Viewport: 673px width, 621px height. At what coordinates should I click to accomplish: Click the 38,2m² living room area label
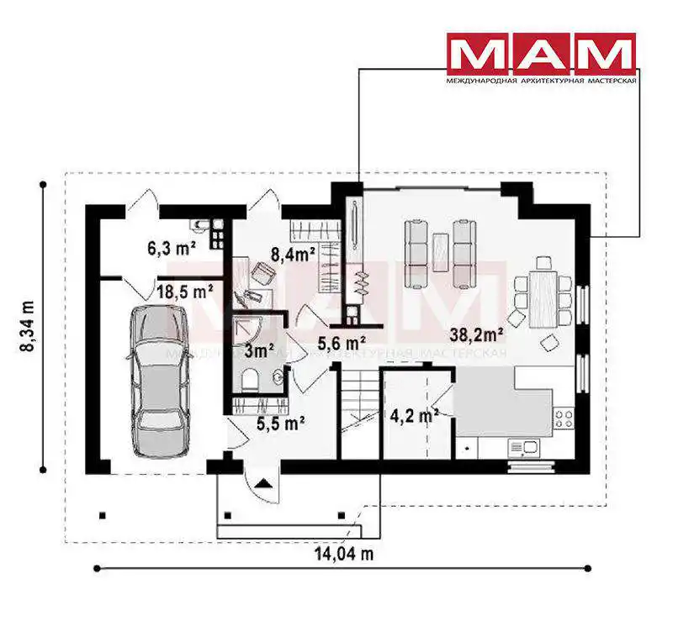click(x=476, y=334)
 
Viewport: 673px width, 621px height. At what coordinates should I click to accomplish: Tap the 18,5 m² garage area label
click(x=184, y=292)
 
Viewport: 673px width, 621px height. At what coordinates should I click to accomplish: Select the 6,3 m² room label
click(x=172, y=248)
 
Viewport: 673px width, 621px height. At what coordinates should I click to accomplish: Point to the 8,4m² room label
click(x=293, y=254)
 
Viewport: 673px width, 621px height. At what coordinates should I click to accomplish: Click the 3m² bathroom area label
click(x=259, y=351)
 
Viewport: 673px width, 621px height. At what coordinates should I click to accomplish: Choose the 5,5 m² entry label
click(x=281, y=424)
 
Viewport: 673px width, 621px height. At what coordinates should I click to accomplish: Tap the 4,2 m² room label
click(x=414, y=415)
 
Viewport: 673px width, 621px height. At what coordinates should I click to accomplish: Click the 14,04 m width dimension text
click(x=344, y=554)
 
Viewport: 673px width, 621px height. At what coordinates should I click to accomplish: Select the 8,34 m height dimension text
click(x=28, y=326)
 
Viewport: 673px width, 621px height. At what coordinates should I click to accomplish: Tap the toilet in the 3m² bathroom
click(x=250, y=382)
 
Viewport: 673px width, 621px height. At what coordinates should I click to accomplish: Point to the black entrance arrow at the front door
click(x=262, y=483)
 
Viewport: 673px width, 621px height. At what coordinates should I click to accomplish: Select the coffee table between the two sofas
click(x=440, y=252)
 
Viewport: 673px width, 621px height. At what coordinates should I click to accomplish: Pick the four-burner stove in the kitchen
click(x=564, y=418)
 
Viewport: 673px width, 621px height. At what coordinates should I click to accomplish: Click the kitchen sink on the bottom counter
click(x=522, y=449)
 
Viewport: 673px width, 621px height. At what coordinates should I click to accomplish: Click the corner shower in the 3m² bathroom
click(x=246, y=331)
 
